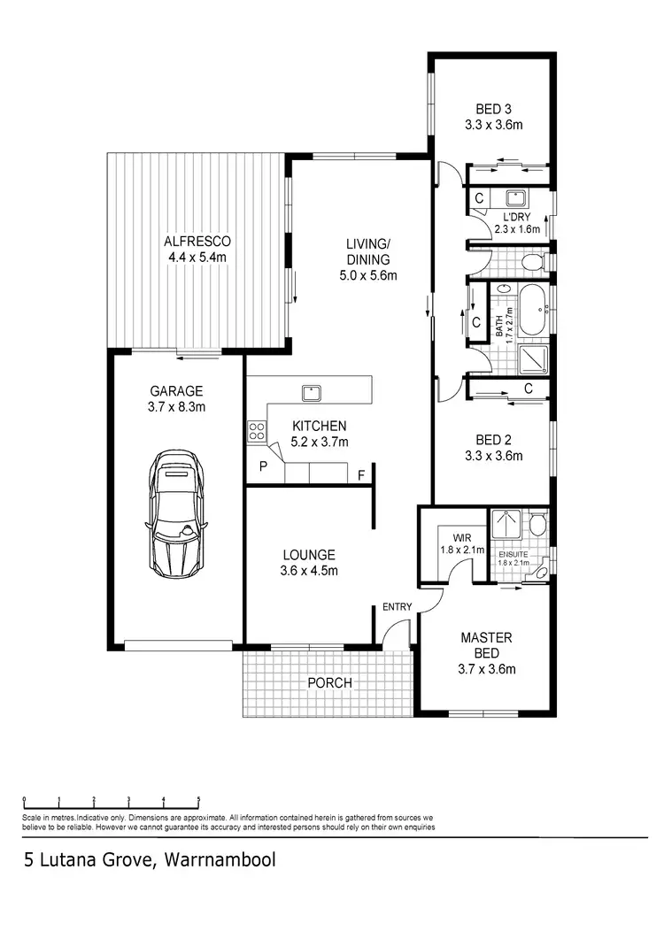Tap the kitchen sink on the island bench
(311, 391)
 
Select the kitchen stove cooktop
(258, 432)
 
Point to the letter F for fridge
(361, 474)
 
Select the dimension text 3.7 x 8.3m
(176, 407)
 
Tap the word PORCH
(329, 682)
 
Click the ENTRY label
(398, 606)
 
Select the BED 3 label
(493, 110)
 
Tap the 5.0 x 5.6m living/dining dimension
(368, 275)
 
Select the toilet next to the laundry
(530, 262)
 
